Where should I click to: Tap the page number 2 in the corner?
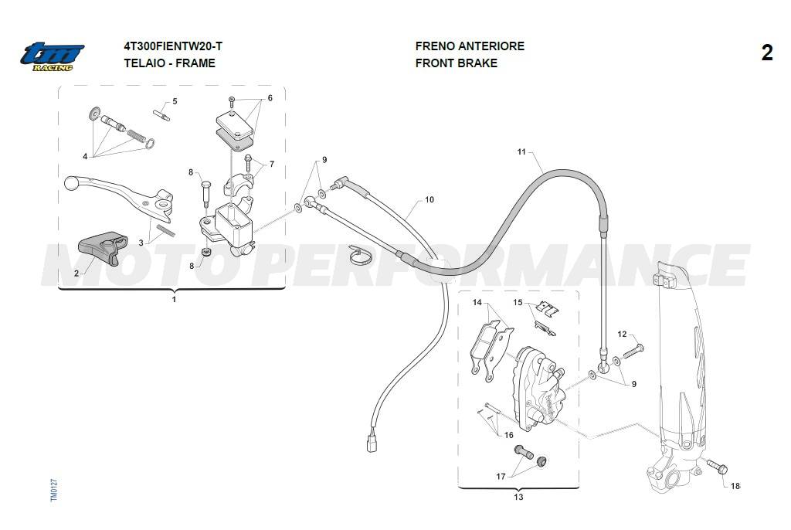pyautogui.click(x=766, y=53)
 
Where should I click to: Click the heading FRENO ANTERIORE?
pyautogui.click(x=469, y=46)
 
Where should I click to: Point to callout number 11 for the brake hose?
pyautogui.click(x=521, y=152)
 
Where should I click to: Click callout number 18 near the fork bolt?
pyautogui.click(x=735, y=487)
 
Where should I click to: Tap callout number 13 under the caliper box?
pyautogui.click(x=518, y=497)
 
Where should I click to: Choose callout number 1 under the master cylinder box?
pyautogui.click(x=174, y=299)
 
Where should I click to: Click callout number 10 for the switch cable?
pyautogui.click(x=429, y=200)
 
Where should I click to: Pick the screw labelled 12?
pyautogui.click(x=630, y=350)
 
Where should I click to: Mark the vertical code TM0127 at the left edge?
pyautogui.click(x=55, y=491)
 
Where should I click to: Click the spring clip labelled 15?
pyautogui.click(x=549, y=311)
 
